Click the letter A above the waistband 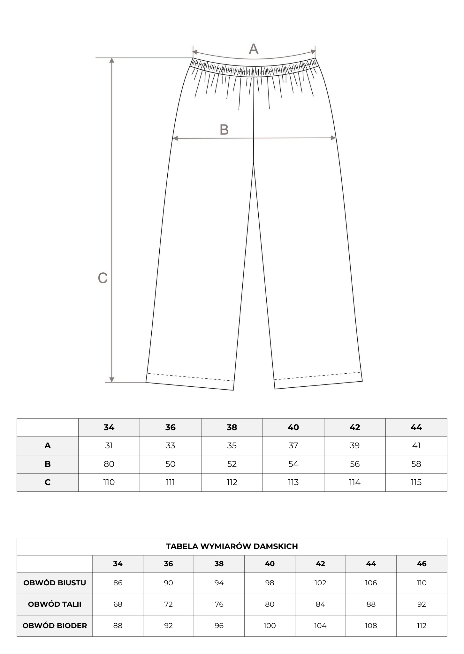click(x=253, y=49)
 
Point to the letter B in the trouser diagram click(x=224, y=130)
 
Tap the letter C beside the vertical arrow click(x=103, y=278)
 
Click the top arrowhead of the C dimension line click(x=111, y=60)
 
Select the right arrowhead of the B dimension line click(x=333, y=138)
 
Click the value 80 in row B click(x=109, y=464)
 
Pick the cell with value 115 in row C click(x=416, y=482)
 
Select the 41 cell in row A click(x=416, y=445)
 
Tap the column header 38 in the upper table click(x=232, y=427)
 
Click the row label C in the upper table click(x=48, y=482)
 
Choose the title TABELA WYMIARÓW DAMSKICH click(x=232, y=546)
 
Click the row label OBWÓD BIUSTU click(x=55, y=583)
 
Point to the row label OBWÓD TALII click(x=55, y=604)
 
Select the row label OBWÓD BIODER click(x=55, y=626)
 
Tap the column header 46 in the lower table click(x=422, y=564)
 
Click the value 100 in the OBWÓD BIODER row click(x=270, y=626)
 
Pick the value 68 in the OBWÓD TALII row click(x=118, y=604)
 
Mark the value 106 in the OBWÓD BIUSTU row click(x=371, y=583)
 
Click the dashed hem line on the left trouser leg click(x=191, y=377)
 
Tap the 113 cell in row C click(x=293, y=482)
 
